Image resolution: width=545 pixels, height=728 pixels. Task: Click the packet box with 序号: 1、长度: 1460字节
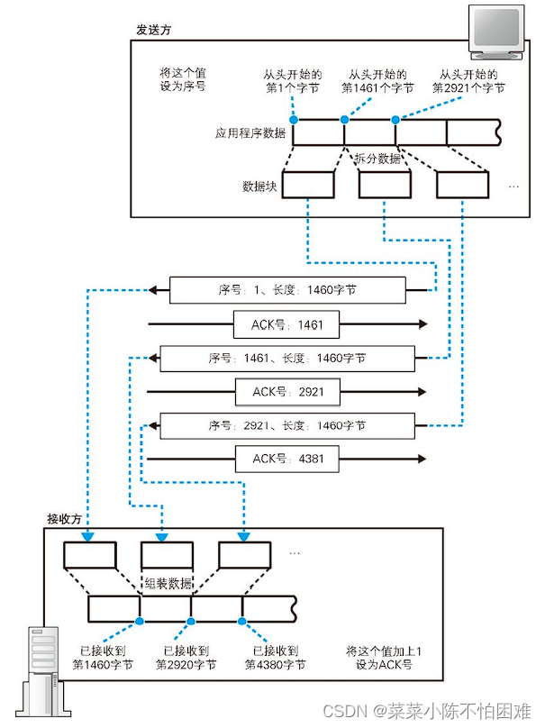click(x=286, y=290)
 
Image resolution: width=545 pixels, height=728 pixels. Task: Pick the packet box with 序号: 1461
click(x=286, y=358)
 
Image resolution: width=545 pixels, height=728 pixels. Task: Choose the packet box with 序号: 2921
click(x=286, y=425)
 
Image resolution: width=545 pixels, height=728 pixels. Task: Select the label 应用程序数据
click(x=250, y=133)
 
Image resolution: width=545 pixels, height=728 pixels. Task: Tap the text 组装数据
click(x=168, y=583)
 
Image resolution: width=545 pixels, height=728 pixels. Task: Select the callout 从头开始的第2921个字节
click(x=468, y=81)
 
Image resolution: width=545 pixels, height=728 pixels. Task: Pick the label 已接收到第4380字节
click(x=275, y=657)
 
